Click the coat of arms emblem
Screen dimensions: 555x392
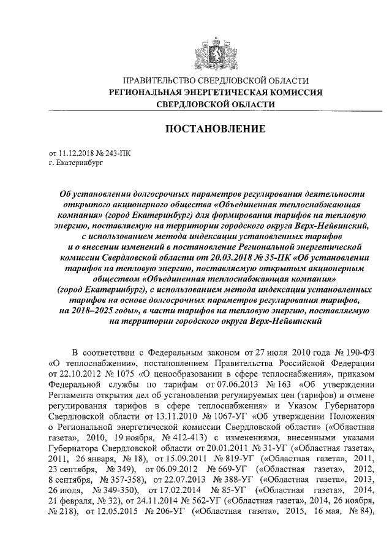(213, 49)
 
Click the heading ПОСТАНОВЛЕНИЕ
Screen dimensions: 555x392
(213, 129)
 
